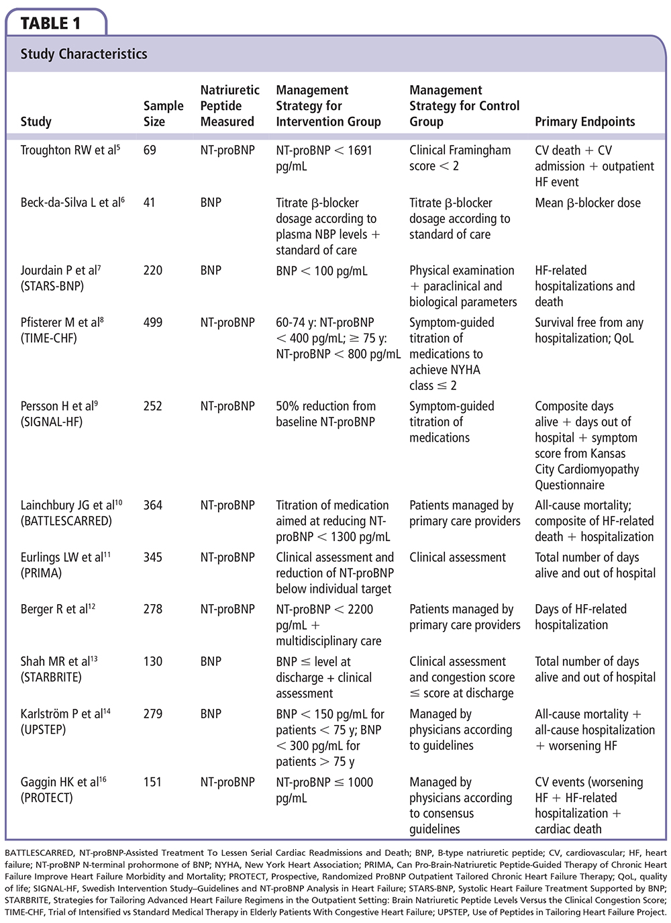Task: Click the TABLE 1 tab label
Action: [51, 23]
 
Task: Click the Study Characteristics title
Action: [84, 54]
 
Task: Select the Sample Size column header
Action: [163, 113]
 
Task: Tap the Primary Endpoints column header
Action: [584, 122]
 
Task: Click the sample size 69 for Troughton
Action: [150, 150]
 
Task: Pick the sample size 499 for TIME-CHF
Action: [153, 322]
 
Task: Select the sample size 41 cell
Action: [150, 203]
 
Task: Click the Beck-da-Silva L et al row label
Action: [72, 203]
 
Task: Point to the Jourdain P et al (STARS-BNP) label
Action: [60, 278]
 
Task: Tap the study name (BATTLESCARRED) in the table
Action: [66, 521]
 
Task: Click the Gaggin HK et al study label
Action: [63, 782]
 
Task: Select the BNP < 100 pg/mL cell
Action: [321, 271]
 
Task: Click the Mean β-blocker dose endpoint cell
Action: [587, 203]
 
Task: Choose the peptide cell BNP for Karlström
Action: [211, 714]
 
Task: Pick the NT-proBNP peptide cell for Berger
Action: [227, 609]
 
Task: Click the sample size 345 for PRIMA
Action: [153, 557]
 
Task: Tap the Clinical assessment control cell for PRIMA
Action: [458, 557]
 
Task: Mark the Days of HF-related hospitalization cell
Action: [580, 617]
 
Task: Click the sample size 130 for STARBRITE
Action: [153, 661]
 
